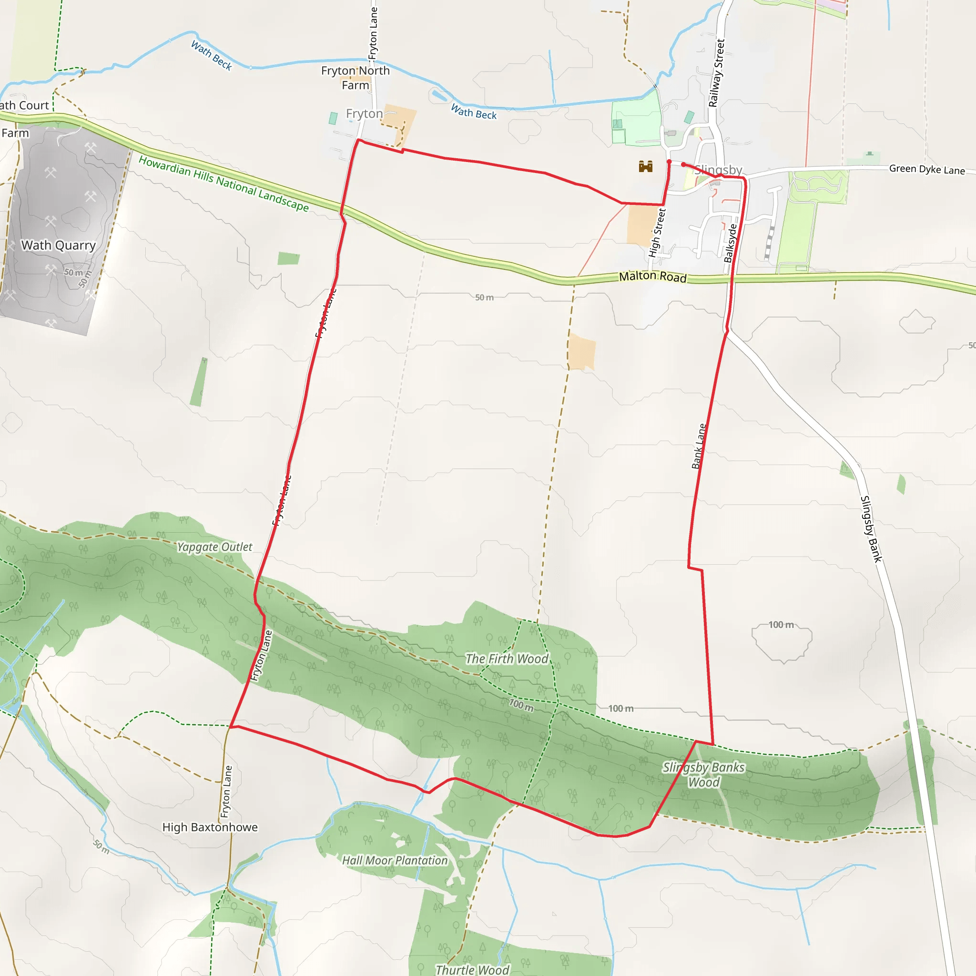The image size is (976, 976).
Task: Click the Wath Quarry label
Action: [58, 245]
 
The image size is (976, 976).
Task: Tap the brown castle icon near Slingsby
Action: [646, 166]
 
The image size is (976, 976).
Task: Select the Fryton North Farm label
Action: [355, 78]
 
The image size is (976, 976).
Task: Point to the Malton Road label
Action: [653, 276]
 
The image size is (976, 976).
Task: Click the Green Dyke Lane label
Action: [926, 169]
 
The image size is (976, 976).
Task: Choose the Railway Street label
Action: [716, 73]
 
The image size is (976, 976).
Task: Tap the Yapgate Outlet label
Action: [214, 547]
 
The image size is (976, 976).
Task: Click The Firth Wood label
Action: [507, 659]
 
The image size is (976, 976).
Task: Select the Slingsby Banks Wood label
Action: [704, 775]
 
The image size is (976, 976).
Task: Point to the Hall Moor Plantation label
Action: [395, 860]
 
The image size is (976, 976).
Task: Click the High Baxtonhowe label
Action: [210, 827]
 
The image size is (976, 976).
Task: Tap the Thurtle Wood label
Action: [472, 969]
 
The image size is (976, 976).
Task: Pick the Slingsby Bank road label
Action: [872, 529]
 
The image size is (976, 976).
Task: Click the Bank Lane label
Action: [699, 446]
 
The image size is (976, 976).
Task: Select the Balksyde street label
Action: [730, 244]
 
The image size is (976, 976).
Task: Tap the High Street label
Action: [657, 233]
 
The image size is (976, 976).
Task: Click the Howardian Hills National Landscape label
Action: [224, 183]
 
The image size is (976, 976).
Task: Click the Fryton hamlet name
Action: [364, 114]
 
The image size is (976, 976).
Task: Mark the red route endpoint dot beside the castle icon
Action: [669, 162]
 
